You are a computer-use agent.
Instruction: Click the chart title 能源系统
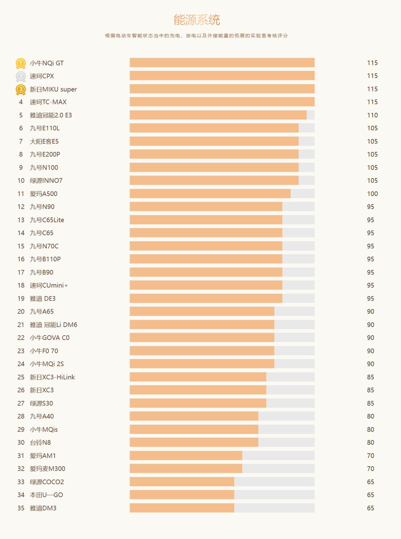tap(197, 20)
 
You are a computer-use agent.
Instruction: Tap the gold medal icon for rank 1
tap(21, 63)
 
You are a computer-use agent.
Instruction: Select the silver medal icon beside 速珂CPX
tap(21, 76)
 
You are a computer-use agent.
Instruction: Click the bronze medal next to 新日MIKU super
tap(21, 89)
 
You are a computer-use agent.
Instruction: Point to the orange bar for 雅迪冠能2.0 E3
tap(218, 115)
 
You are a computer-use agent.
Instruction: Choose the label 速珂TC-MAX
tap(48, 102)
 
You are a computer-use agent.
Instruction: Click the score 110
tap(372, 115)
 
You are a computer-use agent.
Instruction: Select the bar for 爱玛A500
tap(210, 193)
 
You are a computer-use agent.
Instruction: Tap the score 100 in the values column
tap(372, 194)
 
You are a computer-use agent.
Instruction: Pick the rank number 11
tap(21, 194)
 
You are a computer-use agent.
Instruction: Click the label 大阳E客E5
tap(44, 141)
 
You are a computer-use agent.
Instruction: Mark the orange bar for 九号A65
tap(202, 311)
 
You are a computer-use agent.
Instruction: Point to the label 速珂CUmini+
tap(49, 285)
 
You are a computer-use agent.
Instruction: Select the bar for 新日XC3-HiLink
tap(198, 377)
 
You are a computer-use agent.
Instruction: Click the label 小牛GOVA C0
tap(50, 338)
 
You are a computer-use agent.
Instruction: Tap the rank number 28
tap(21, 416)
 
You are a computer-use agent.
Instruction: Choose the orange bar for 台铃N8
tap(194, 442)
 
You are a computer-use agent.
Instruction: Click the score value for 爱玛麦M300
tap(371, 469)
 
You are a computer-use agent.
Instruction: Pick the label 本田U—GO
tap(46, 495)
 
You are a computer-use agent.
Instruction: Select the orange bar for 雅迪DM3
tap(182, 508)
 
